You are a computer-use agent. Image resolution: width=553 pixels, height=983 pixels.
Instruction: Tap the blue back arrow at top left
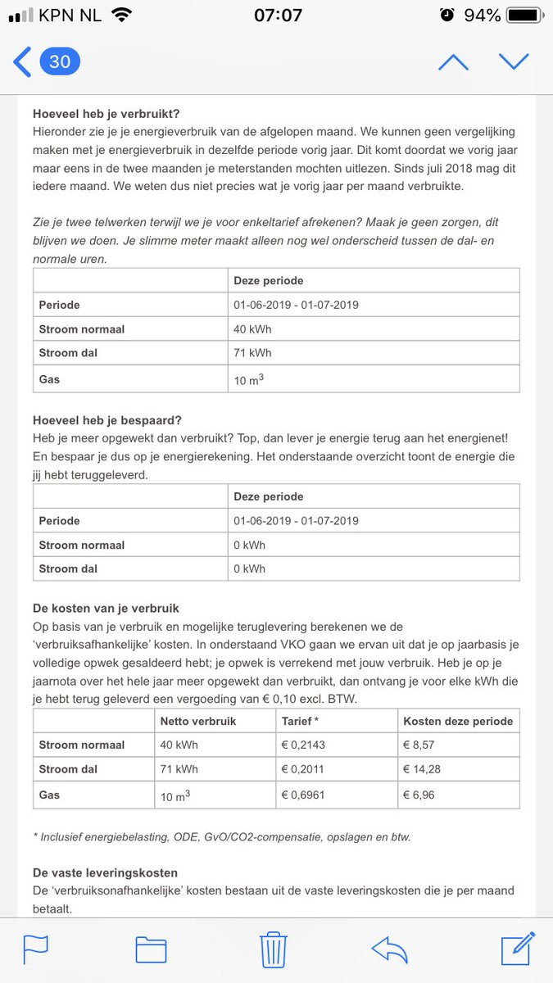[22, 62]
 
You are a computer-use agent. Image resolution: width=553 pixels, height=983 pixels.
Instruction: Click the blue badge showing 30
[60, 62]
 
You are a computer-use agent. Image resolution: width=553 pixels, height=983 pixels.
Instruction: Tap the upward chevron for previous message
[453, 62]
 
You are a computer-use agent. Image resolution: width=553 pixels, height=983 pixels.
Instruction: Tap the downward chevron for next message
[514, 62]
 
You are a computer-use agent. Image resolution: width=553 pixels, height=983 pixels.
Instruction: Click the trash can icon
[272, 950]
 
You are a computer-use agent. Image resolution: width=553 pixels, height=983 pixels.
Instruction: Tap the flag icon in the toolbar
[36, 950]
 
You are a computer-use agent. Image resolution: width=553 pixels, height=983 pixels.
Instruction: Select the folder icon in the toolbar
[152, 950]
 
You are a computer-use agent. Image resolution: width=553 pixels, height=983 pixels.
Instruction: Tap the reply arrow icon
[390, 950]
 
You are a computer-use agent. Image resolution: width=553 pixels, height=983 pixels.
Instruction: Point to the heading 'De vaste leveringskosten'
[105, 872]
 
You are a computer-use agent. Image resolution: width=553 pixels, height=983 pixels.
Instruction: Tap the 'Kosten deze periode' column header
[457, 721]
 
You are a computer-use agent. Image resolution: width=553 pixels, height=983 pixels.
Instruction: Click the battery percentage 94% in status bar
[482, 16]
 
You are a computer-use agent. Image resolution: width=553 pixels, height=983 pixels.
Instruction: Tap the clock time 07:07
[277, 16]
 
